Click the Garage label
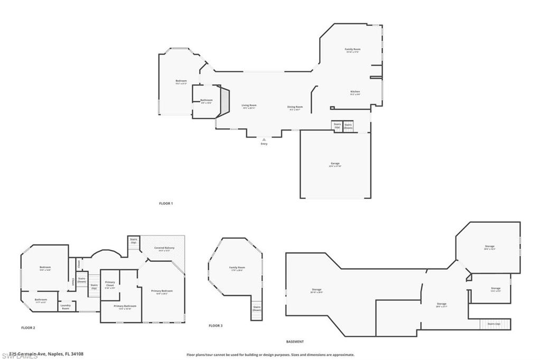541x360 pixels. pyautogui.click(x=335, y=164)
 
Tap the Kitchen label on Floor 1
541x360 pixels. pyautogui.click(x=355, y=92)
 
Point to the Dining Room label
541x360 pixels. pyautogui.click(x=295, y=108)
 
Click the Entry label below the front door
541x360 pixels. pyautogui.click(x=264, y=144)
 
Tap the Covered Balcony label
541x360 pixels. pyautogui.click(x=164, y=249)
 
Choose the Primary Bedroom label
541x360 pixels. pyautogui.click(x=162, y=292)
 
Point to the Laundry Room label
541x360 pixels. pyautogui.click(x=66, y=307)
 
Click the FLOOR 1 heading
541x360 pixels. pyautogui.click(x=166, y=203)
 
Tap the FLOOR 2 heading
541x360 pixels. pyautogui.click(x=28, y=328)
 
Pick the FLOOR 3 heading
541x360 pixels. pyautogui.click(x=216, y=326)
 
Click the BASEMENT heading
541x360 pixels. pyautogui.click(x=295, y=342)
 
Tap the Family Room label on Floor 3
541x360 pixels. pyautogui.click(x=237, y=269)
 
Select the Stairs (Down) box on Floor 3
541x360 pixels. pyautogui.click(x=257, y=309)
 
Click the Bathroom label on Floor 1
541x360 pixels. pyautogui.click(x=206, y=101)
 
